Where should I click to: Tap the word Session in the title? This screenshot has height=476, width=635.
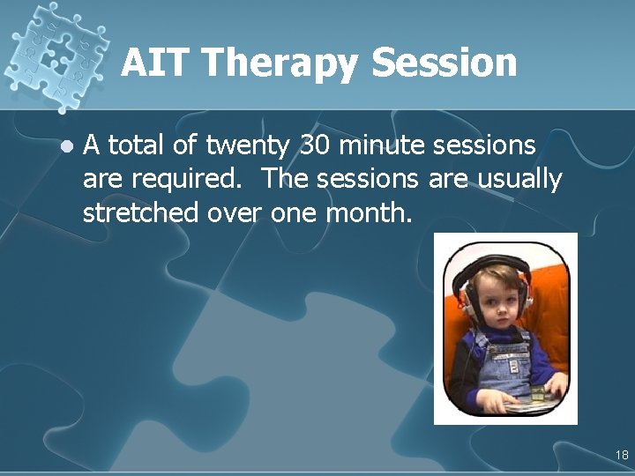coord(444,63)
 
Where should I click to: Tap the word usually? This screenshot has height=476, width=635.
coord(519,180)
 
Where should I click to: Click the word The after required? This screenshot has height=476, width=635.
coord(286,179)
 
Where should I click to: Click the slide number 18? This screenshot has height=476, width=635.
coord(622,456)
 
